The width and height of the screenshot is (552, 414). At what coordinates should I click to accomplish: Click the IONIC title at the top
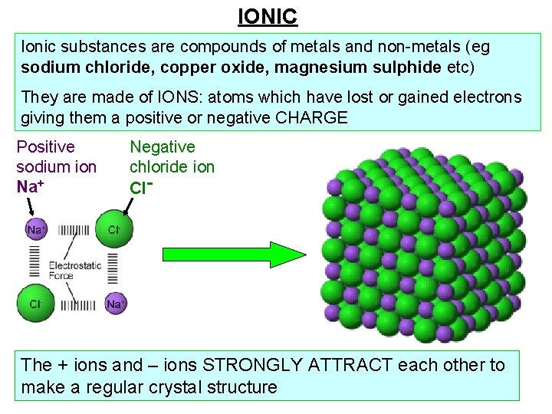coord(268,15)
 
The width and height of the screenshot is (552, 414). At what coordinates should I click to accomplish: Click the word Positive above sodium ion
coord(46,146)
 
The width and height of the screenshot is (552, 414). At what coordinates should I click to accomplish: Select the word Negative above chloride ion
coord(163,146)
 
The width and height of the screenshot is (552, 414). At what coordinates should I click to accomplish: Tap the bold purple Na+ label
coord(31,186)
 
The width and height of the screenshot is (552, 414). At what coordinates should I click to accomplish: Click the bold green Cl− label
coord(140,186)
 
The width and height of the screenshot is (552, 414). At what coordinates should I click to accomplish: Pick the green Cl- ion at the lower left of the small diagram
coord(35,304)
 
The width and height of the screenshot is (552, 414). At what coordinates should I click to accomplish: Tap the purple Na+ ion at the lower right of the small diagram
coord(115,304)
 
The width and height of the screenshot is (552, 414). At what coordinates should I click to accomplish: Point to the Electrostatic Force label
coord(74,271)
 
